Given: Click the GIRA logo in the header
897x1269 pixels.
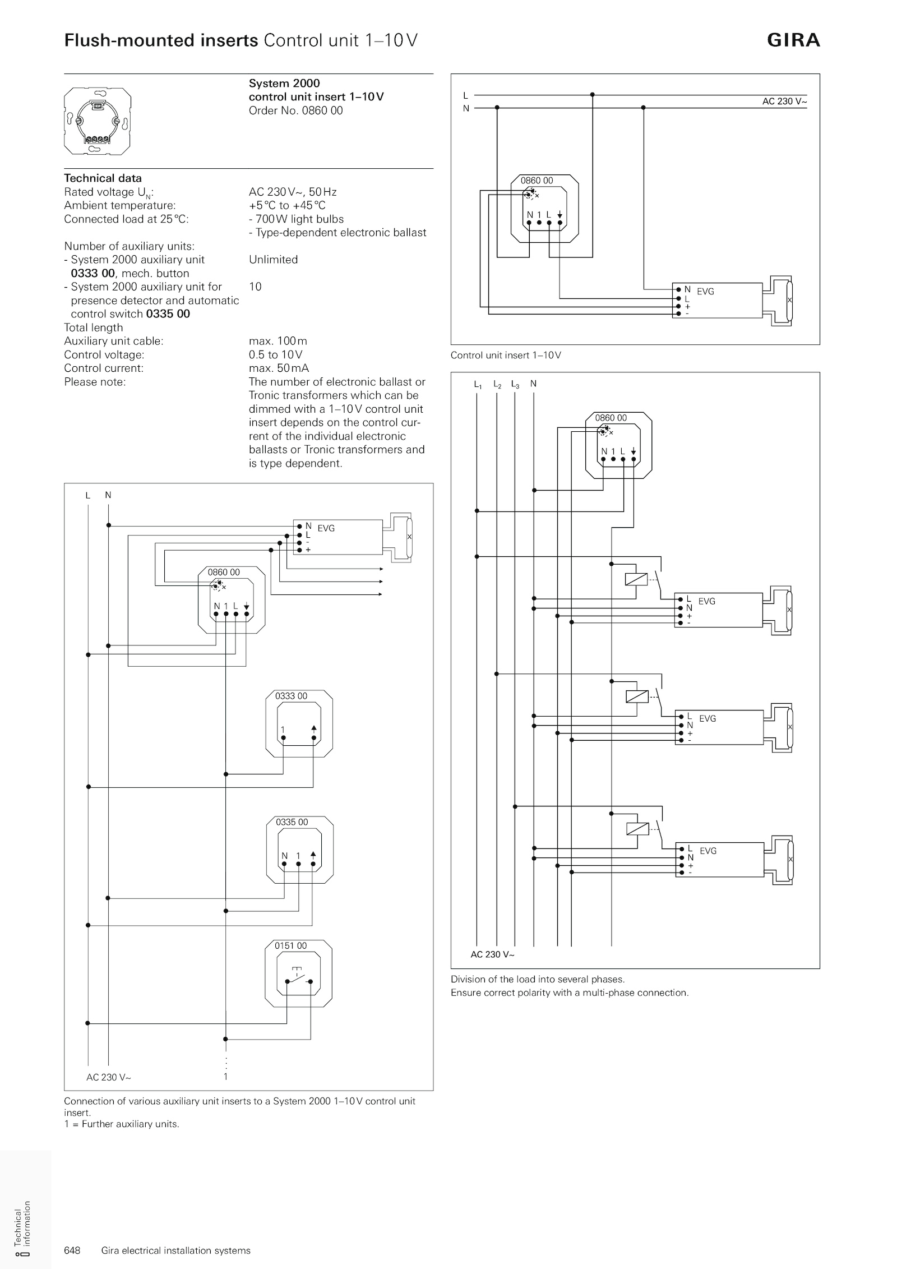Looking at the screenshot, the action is pyautogui.click(x=793, y=40).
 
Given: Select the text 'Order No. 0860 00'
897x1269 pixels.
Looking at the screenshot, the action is pyautogui.click(x=295, y=110).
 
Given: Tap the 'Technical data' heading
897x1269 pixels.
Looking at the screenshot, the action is pyautogui.click(x=103, y=178).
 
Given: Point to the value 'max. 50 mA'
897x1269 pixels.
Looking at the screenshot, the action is pyautogui.click(x=279, y=368).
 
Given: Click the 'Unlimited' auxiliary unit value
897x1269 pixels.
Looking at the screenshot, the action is pyautogui.click(x=273, y=260).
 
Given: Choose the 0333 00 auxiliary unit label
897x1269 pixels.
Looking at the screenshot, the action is pyautogui.click(x=291, y=696).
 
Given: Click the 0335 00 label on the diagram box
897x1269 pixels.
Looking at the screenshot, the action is pyautogui.click(x=292, y=823).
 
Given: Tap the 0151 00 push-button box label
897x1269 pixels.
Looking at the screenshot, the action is pyautogui.click(x=290, y=946).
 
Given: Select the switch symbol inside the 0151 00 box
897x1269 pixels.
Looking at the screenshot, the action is pyautogui.click(x=298, y=977).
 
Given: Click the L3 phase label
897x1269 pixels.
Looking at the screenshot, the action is pyautogui.click(x=515, y=385).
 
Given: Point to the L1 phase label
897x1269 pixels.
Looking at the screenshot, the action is pyautogui.click(x=477, y=385).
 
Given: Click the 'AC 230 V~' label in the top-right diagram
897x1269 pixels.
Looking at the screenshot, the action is pyautogui.click(x=784, y=101).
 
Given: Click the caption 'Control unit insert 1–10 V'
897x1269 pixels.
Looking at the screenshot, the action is pyautogui.click(x=506, y=356).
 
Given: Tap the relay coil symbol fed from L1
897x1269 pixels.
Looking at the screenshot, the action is pyautogui.click(x=636, y=579).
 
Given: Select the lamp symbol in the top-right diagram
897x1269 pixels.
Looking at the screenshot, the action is pyautogui.click(x=789, y=301).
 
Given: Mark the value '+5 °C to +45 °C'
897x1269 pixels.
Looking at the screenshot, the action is pyautogui.click(x=287, y=206).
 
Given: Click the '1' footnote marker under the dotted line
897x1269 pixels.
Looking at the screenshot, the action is pyautogui.click(x=226, y=1077).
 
